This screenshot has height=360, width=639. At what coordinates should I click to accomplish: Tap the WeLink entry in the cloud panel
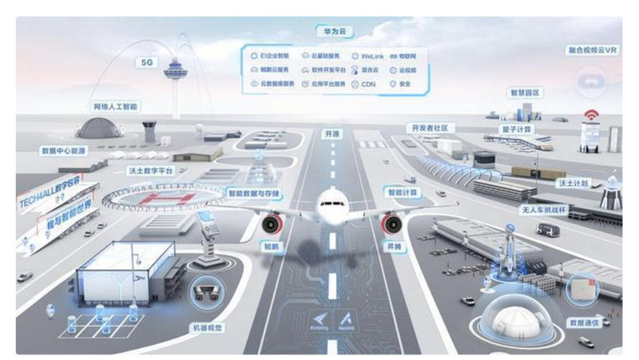368,56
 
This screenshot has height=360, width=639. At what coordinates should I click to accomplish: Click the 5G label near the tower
146,61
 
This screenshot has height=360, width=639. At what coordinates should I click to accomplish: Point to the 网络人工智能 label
115,105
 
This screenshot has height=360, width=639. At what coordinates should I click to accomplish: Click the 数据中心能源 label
62,150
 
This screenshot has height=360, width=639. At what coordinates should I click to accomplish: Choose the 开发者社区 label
432,127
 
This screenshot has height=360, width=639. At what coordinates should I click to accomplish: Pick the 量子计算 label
520,129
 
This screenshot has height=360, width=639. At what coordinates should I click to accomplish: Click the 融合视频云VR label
593,49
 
